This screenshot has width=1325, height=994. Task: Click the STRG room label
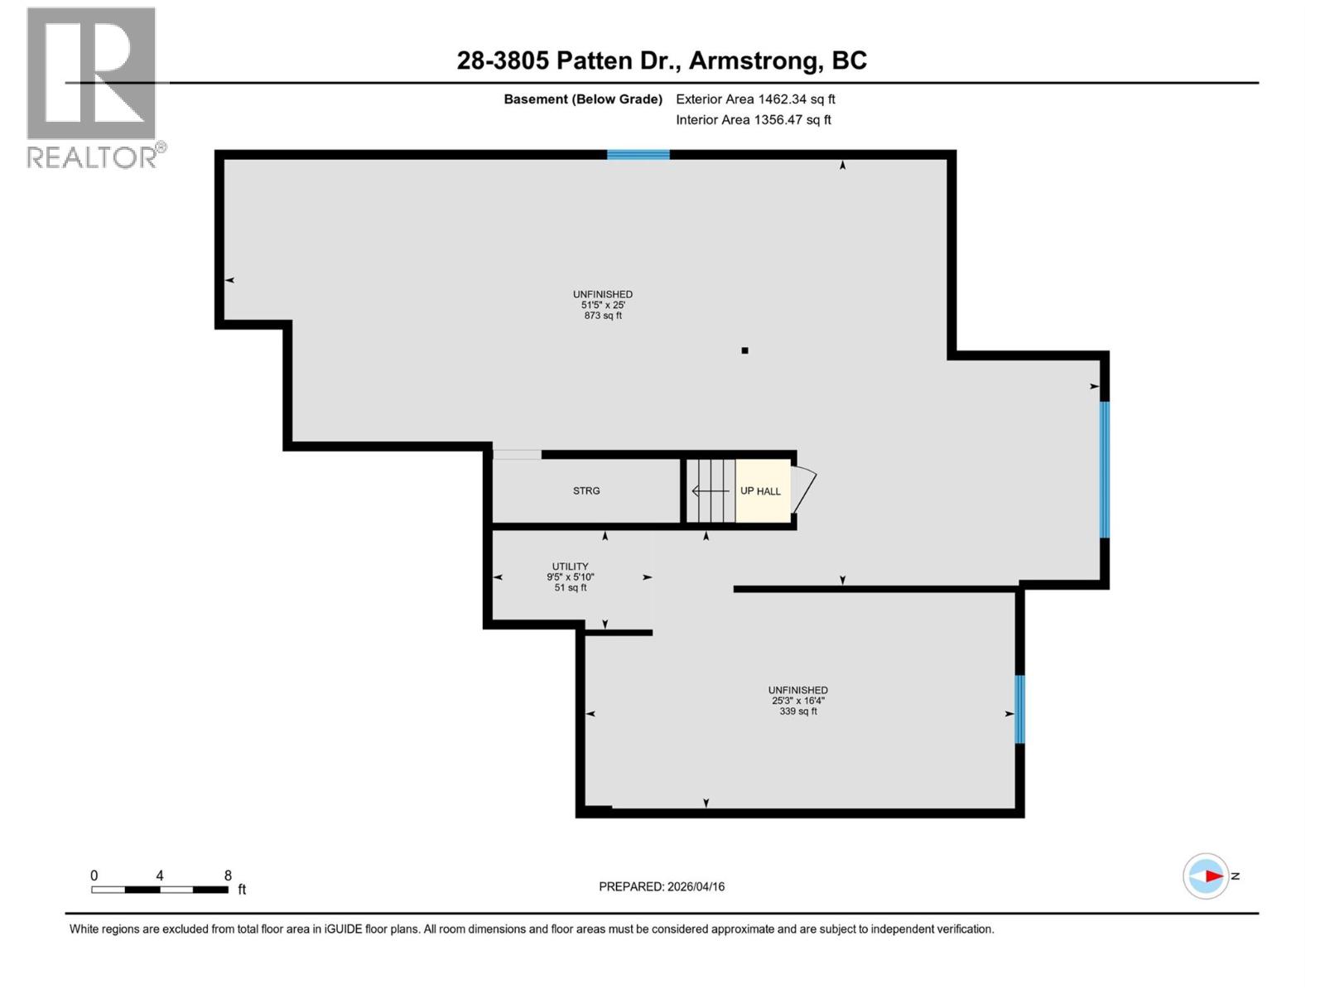coord(586,491)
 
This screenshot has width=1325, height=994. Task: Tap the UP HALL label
coord(760,491)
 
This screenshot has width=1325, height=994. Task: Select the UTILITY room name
coord(570,567)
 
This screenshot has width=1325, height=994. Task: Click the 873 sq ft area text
coord(603,316)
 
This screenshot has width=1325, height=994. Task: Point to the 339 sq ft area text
coord(797,712)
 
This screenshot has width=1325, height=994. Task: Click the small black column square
coord(744,350)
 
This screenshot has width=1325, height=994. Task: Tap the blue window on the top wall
coord(638,155)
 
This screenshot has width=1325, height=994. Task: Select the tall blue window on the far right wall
coord(1104,470)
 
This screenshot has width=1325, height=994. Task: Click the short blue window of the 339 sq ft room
coord(1019,709)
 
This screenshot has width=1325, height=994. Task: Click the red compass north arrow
coord(1213,876)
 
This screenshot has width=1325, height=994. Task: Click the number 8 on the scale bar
coord(228,876)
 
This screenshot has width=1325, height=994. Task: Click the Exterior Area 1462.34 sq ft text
coord(755,99)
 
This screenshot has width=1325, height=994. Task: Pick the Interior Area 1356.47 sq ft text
coord(754,120)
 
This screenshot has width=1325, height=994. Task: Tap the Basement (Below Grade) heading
coord(583,99)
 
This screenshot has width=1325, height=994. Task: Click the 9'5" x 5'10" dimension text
coord(570,577)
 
